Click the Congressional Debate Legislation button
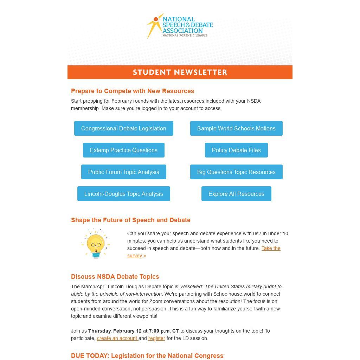(x=123, y=128)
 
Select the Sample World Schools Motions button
(x=236, y=128)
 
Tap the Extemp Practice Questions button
(x=123, y=150)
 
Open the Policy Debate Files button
(x=236, y=150)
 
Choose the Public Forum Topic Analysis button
(x=123, y=172)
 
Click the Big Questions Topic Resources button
(x=236, y=172)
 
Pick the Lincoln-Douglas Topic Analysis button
(x=123, y=194)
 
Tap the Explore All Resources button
(x=236, y=194)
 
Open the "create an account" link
(x=117, y=338)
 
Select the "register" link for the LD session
(x=156, y=338)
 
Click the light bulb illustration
(x=96, y=244)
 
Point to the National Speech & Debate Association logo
(x=180, y=26)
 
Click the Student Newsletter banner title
(x=180, y=72)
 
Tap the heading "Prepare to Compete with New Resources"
(x=133, y=91)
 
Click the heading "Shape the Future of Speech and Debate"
(x=130, y=220)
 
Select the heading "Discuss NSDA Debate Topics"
(x=115, y=277)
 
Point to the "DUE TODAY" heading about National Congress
(x=147, y=356)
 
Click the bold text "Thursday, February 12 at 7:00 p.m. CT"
(x=133, y=331)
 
